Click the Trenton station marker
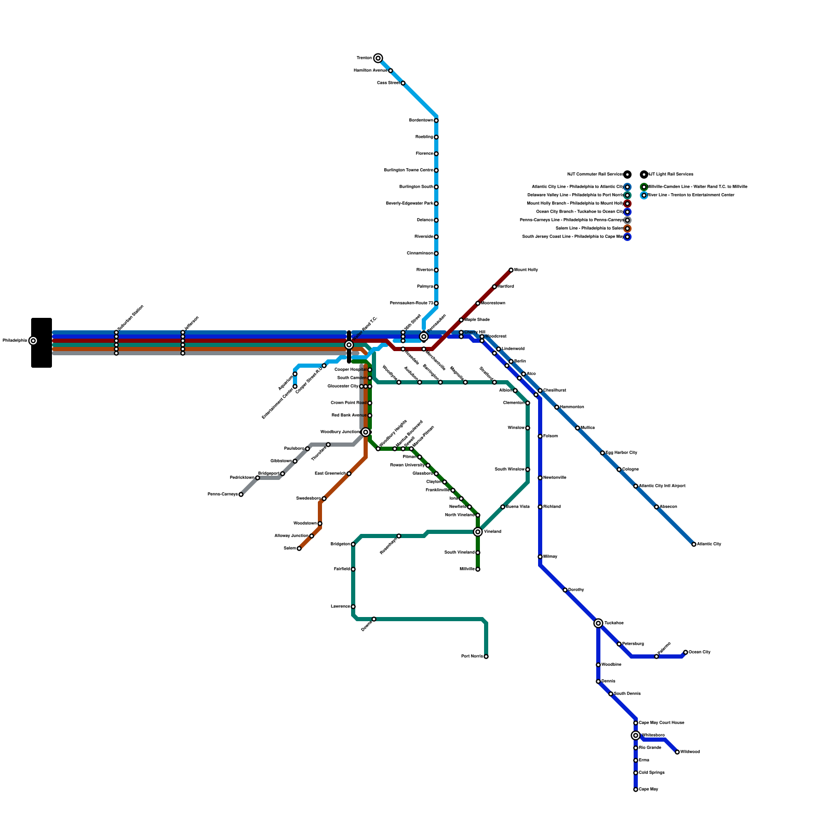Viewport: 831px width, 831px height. [x=378, y=58]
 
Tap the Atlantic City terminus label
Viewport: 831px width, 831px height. [x=709, y=544]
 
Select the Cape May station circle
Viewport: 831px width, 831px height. [x=636, y=789]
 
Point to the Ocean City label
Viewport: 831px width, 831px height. [x=700, y=652]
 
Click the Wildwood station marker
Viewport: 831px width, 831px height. [x=677, y=752]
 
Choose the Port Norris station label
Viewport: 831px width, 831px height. [x=472, y=656]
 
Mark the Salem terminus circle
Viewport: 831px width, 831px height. [x=299, y=548]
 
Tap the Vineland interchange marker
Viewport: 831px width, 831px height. [x=478, y=532]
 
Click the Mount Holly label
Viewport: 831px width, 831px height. [x=526, y=270]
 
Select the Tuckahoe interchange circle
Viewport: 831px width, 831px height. [x=598, y=623]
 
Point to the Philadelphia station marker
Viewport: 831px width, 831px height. [x=33, y=341]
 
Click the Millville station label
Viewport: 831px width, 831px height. [x=467, y=569]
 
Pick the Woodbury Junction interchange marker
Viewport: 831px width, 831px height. [x=366, y=432]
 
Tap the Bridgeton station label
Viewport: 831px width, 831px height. [x=340, y=544]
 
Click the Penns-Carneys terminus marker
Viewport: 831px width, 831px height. [x=241, y=494]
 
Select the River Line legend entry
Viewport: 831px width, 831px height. [x=691, y=195]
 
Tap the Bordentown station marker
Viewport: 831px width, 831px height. [x=436, y=120]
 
